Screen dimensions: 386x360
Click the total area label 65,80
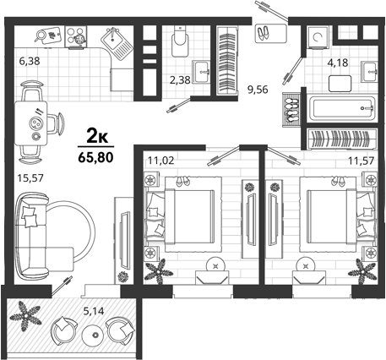(95, 158)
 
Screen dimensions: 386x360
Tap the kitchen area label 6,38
(30, 61)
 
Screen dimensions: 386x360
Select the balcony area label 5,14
(94, 311)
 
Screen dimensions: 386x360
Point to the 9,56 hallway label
(258, 90)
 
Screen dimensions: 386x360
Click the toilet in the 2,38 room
(180, 41)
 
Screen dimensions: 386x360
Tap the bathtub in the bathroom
(342, 108)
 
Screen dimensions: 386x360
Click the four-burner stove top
(76, 36)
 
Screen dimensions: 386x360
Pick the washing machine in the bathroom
(318, 37)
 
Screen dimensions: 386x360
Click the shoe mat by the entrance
(271, 34)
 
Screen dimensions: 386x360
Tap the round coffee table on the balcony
(95, 335)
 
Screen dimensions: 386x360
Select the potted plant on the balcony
(25, 316)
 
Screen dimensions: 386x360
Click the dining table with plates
(31, 123)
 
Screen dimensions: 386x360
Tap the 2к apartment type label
(97, 137)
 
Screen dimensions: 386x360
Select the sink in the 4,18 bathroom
(369, 72)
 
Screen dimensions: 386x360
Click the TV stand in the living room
(123, 240)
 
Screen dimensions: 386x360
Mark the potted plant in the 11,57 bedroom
(362, 271)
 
